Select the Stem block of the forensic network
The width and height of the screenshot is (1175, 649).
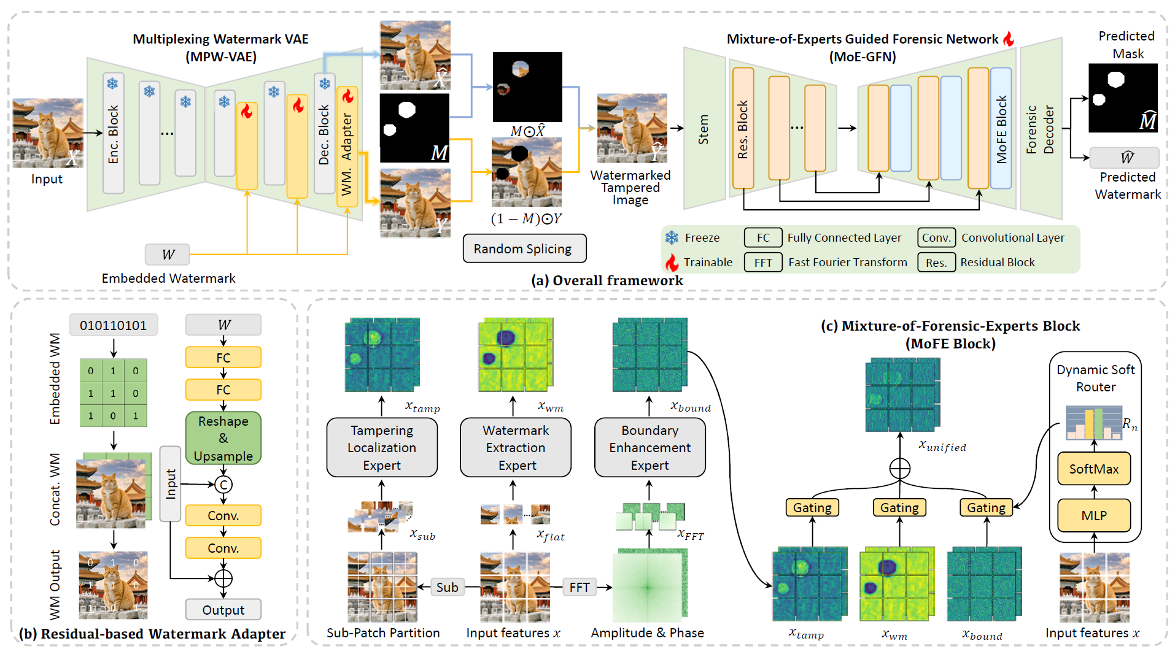click(x=704, y=129)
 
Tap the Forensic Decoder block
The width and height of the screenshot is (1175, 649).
click(x=1041, y=129)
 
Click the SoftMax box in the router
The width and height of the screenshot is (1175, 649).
click(x=1093, y=469)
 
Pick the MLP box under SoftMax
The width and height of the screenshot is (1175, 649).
click(x=1093, y=515)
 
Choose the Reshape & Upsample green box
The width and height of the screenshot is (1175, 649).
click(x=223, y=438)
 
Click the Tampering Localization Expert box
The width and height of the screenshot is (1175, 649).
click(x=382, y=448)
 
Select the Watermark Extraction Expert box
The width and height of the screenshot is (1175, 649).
click(x=516, y=448)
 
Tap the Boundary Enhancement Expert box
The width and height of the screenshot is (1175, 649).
click(x=650, y=448)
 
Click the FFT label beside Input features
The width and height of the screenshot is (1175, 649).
click(x=579, y=587)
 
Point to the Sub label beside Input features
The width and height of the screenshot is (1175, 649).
click(x=447, y=587)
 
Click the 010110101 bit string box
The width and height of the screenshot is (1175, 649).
click(x=114, y=325)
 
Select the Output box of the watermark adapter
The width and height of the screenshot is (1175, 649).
click(x=223, y=610)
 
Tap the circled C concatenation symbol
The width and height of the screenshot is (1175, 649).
click(x=223, y=485)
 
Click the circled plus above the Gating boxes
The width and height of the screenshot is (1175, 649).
click(x=899, y=469)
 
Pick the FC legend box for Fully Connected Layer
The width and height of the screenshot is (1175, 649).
click(x=763, y=238)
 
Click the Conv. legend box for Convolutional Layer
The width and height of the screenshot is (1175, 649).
click(x=936, y=238)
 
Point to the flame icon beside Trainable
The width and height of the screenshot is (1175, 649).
click(x=672, y=263)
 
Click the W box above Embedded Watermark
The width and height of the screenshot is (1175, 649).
click(x=168, y=254)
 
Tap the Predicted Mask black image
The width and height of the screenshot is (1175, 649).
click(x=1123, y=98)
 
